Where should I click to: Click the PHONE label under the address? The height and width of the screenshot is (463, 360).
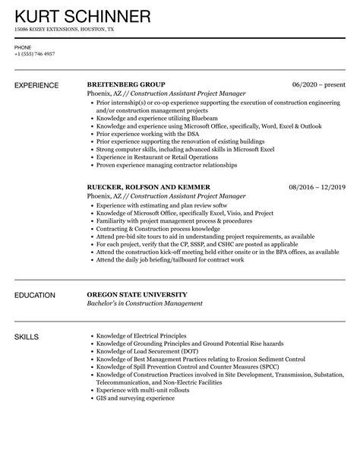coord(22,47)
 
